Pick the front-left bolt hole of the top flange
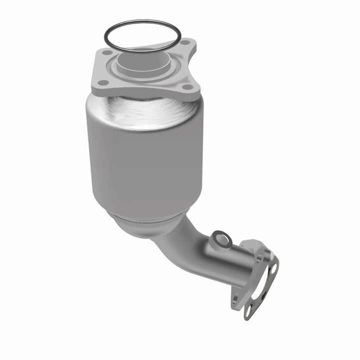102,82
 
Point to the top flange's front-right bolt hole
188,87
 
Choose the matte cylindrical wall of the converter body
145,165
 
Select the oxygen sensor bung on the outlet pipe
220,240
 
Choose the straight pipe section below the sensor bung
220,265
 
